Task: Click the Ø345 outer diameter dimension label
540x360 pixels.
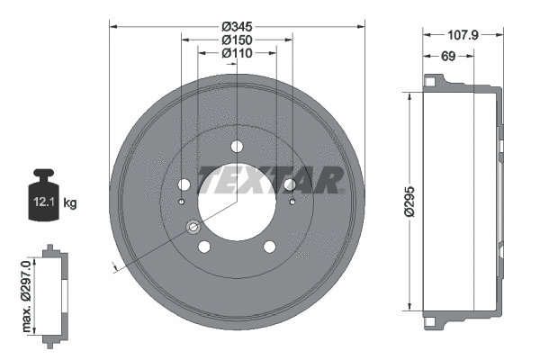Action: pos(238,27)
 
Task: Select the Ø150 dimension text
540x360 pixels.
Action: pos(238,40)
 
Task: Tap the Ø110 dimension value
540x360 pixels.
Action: pos(238,54)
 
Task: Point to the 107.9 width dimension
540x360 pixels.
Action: pos(462,35)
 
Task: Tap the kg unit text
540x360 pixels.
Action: pos(70,203)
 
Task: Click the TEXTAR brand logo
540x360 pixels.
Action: pos(270,181)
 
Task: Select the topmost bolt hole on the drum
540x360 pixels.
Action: pos(237,147)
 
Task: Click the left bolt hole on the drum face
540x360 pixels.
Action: pos(184,185)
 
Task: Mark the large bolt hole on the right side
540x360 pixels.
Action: pos(290,185)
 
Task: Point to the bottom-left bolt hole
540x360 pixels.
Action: pos(204,247)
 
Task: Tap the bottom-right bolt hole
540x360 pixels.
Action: pos(269,247)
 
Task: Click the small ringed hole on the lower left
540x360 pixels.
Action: pos(192,227)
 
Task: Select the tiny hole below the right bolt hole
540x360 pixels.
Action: pos(293,202)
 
